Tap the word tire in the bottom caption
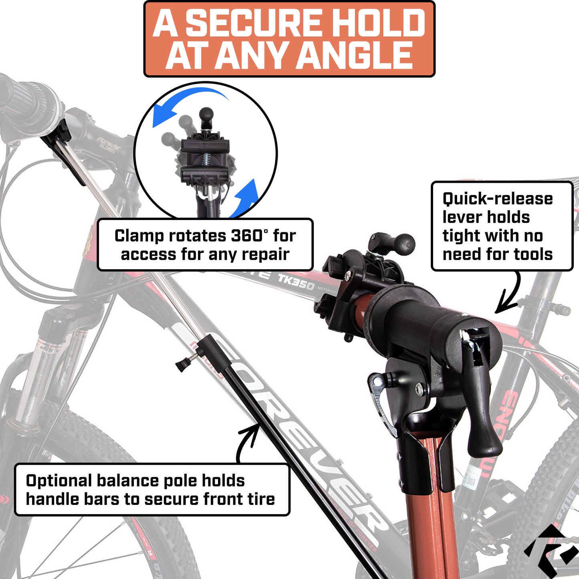[262, 499]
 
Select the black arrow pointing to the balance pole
[246, 441]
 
